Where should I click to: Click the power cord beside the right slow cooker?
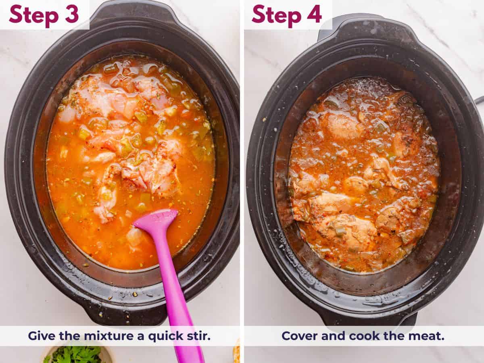[x=480, y=99]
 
